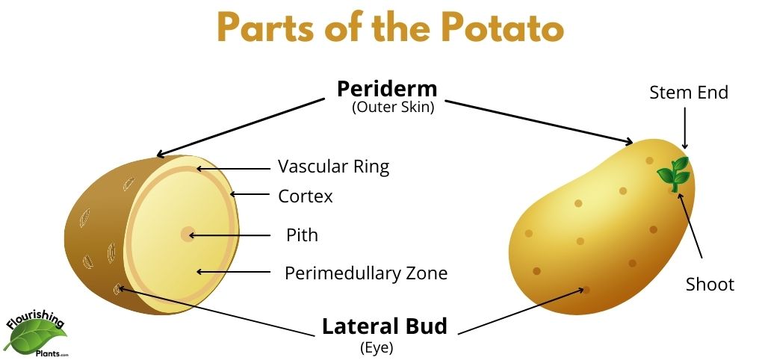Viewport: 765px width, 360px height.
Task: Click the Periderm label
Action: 387,89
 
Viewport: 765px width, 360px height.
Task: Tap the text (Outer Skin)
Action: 393,108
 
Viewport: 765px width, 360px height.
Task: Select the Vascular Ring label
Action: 334,167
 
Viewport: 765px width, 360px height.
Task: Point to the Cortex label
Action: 306,196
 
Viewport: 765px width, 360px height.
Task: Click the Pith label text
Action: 302,235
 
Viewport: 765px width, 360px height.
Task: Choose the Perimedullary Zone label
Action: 366,273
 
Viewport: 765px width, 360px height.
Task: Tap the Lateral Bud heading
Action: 385,326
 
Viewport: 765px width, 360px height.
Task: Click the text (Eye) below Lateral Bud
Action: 377,348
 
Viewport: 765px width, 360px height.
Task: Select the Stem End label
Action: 689,92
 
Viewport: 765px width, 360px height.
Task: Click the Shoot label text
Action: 710,285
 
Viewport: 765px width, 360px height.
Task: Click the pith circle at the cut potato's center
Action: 187,234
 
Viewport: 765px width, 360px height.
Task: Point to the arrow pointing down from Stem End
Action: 684,128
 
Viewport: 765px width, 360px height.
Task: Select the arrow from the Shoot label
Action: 690,225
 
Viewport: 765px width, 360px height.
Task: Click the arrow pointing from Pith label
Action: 229,235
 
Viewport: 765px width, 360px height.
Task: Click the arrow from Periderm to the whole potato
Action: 539,122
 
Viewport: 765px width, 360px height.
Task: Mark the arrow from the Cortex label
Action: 250,194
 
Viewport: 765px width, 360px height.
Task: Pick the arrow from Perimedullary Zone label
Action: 233,272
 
